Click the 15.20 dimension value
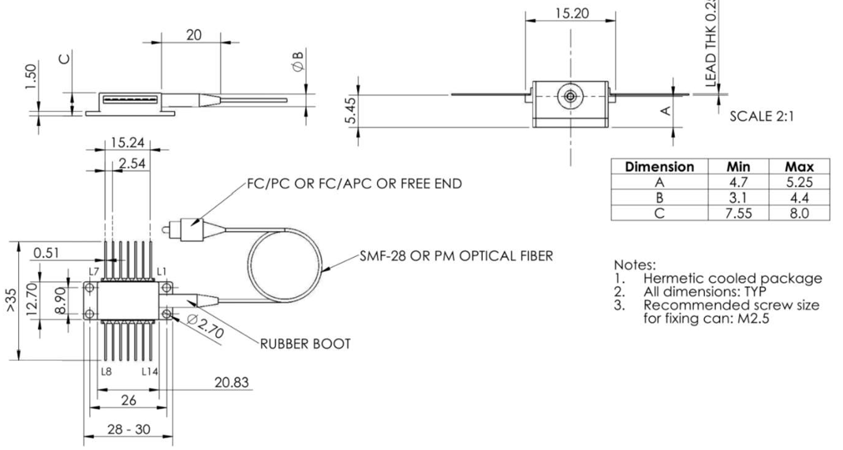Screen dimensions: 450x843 click(x=570, y=13)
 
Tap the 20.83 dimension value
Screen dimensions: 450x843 click(x=232, y=382)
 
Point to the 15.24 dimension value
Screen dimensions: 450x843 click(x=128, y=143)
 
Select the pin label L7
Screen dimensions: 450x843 click(x=94, y=272)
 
